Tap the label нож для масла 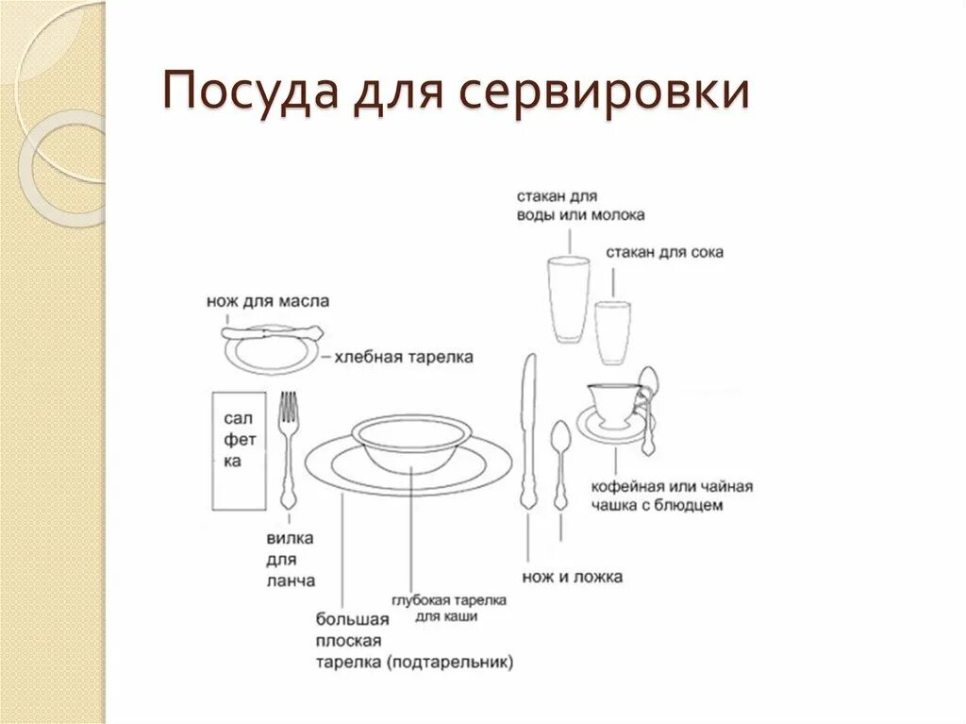click(x=268, y=302)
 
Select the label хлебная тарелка click(x=403, y=358)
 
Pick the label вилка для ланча click(x=290, y=561)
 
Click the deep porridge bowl click(x=411, y=443)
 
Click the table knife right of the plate click(x=528, y=430)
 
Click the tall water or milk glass click(x=568, y=299)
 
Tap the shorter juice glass click(x=611, y=331)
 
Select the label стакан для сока click(x=664, y=253)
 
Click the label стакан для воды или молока click(x=579, y=206)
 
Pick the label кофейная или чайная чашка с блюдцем click(x=671, y=496)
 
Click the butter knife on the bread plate click(x=272, y=332)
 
